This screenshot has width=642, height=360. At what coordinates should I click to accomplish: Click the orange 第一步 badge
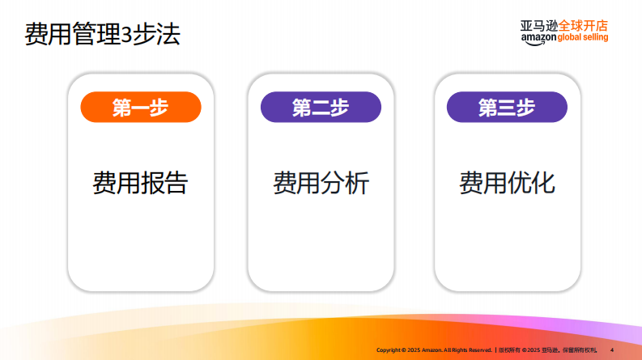(x=140, y=108)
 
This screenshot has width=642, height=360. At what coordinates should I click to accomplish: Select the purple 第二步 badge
(x=321, y=108)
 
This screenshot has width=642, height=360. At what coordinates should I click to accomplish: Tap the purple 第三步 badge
(x=507, y=108)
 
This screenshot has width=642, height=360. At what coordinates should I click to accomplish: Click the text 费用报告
(x=140, y=183)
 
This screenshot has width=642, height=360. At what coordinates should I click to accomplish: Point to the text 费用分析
(x=321, y=183)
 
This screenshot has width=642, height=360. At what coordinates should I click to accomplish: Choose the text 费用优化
(x=507, y=183)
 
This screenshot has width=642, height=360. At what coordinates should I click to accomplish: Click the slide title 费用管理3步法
(x=102, y=35)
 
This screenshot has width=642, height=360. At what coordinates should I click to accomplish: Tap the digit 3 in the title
(x=126, y=36)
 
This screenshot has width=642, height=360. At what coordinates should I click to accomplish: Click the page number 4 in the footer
(x=611, y=349)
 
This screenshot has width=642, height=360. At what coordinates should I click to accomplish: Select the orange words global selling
(x=583, y=38)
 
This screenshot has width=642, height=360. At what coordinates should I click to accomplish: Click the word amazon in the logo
(x=538, y=38)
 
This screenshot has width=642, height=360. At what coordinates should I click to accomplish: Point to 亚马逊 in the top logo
(x=538, y=25)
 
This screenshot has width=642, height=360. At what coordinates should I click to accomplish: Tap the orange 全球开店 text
(x=583, y=25)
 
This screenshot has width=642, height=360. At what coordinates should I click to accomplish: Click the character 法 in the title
(x=168, y=35)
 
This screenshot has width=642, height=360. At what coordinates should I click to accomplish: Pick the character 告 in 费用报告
(x=176, y=183)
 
